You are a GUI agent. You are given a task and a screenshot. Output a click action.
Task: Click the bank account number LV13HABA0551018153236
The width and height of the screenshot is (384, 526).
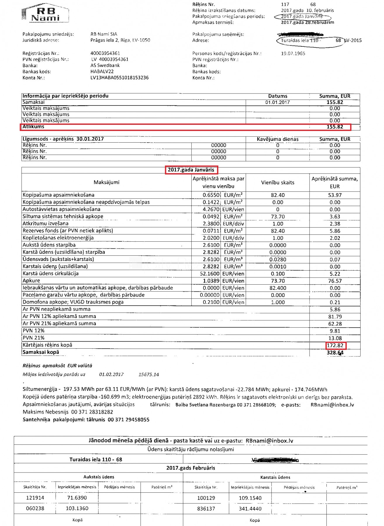(x=119, y=78)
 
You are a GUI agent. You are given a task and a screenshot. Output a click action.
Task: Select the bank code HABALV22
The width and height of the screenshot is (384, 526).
(x=102, y=72)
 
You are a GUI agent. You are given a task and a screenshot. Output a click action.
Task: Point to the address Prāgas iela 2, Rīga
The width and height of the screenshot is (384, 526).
(x=120, y=40)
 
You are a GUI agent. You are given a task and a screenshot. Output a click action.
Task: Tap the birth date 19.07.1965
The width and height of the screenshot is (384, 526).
(x=293, y=53)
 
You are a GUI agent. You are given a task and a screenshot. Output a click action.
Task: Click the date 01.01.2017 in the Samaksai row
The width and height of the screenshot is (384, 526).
(x=277, y=102)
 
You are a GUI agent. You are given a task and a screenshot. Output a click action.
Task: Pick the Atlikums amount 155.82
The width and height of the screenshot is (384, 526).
(x=335, y=127)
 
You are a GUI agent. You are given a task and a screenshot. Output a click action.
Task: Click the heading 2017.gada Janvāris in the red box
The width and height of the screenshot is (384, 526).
(x=191, y=170)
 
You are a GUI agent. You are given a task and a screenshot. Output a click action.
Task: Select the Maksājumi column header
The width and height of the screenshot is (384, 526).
(x=106, y=182)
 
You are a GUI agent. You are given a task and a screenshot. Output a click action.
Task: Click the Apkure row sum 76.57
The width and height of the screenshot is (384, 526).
(x=335, y=281)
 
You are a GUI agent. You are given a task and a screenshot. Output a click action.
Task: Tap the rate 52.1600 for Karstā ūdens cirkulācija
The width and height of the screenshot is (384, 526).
(x=210, y=274)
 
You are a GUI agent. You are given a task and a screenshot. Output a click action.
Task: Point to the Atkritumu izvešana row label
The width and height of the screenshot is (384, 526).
(x=46, y=224)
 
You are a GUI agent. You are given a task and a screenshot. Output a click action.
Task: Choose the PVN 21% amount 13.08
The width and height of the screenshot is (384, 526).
(x=335, y=338)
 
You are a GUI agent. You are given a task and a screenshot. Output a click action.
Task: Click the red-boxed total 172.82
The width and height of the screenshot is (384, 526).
(x=335, y=345)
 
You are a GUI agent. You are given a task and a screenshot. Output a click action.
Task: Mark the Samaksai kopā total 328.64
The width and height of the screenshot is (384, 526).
(x=335, y=353)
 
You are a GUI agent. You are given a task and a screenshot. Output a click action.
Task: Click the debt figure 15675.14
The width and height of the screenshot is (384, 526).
(x=148, y=375)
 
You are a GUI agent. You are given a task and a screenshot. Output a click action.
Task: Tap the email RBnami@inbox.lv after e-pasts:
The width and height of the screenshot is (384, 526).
(x=332, y=405)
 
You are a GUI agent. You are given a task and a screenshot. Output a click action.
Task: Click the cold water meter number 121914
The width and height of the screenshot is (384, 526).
(x=35, y=498)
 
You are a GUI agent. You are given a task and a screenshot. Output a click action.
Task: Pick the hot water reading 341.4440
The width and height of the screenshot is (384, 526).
(x=250, y=509)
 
